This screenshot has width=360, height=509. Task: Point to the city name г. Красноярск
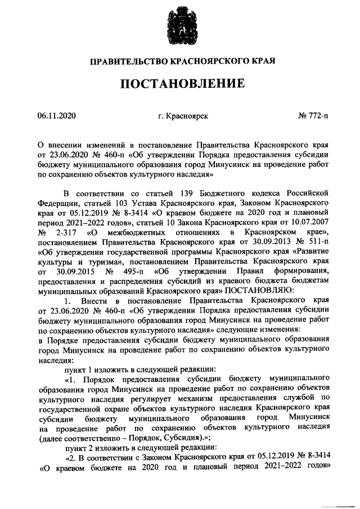click(x=183, y=116)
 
